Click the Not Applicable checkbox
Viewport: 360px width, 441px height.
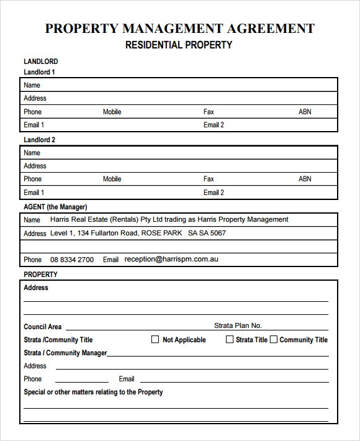coord(155,340)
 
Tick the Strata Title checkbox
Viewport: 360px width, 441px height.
coord(230,340)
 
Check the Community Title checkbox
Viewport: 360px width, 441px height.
coord(274,340)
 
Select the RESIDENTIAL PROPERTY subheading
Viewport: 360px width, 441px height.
coord(179,45)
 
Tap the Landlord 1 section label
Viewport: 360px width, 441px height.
coord(39,72)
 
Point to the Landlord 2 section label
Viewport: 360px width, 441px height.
coord(39,140)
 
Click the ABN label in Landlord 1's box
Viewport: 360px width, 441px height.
coord(305,112)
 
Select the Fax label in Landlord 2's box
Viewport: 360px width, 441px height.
coord(209,179)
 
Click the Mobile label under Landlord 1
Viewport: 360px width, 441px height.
coord(112,112)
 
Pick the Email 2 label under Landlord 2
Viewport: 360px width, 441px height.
coord(214,193)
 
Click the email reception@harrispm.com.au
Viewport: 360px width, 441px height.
coord(171,259)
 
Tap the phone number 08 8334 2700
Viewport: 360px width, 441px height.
coord(72,260)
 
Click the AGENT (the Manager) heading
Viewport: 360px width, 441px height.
coord(55,207)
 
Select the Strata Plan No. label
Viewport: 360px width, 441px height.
coord(238,325)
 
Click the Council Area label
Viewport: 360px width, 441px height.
coord(42,327)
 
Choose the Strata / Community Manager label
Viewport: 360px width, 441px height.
coord(65,353)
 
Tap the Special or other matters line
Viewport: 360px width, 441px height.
coord(93,392)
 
